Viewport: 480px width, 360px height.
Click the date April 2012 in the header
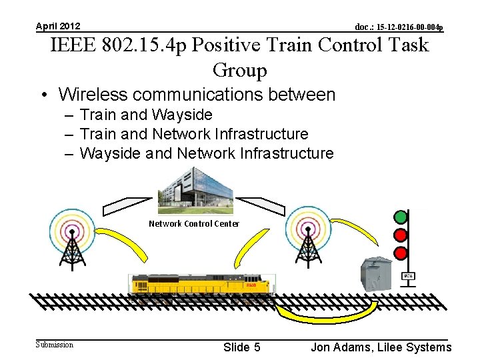[58, 26]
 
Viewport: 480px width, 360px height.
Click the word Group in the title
[239, 70]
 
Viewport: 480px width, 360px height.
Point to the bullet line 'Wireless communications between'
[197, 95]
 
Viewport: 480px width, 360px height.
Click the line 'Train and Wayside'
[145, 115]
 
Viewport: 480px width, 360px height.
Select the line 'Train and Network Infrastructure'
[193, 134]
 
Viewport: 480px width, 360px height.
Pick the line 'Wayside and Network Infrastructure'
[206, 153]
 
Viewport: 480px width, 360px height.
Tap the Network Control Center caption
[193, 224]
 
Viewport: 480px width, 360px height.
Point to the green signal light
[401, 217]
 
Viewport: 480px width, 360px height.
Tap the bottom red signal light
[401, 253]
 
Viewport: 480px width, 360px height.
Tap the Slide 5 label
[241, 347]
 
